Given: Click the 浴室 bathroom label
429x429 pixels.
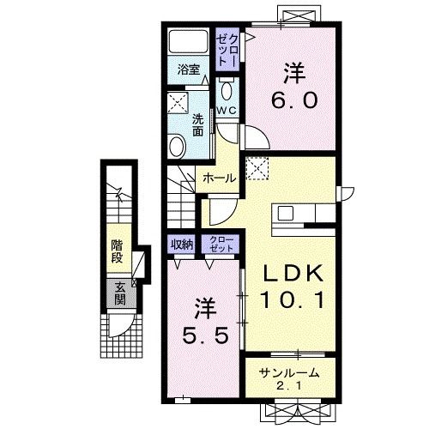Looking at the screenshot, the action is pos(189,69).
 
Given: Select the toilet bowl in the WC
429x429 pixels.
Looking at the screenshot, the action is pos(227,90).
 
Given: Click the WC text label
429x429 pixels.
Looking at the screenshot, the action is pos(227,110).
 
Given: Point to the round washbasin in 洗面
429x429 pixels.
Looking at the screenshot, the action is pos(178,146).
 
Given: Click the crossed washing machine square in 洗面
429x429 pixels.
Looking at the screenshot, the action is pos(178,103).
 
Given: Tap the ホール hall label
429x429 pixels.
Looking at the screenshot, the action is pos(220,178).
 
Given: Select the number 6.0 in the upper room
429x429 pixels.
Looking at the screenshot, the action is pos(294,100).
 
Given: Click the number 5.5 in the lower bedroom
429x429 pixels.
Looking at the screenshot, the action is pos(206,335).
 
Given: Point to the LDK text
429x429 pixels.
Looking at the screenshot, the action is pos(293,274).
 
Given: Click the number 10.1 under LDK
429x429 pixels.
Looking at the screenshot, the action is pos(293,299).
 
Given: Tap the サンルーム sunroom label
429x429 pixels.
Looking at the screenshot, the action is pos(289,373).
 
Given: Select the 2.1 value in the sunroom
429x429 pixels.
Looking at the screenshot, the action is pos(289,386).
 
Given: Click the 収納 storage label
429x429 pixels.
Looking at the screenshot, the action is pos(182,245).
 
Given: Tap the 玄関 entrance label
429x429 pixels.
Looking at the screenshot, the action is pos(120,293).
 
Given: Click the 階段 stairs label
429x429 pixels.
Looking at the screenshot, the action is pos(117,251).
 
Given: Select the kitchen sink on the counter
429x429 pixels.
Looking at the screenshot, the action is pos(286,213).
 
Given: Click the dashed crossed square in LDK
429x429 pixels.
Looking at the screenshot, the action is pos(257,168).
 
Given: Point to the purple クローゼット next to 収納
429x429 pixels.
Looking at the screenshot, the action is pos(221,244).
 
